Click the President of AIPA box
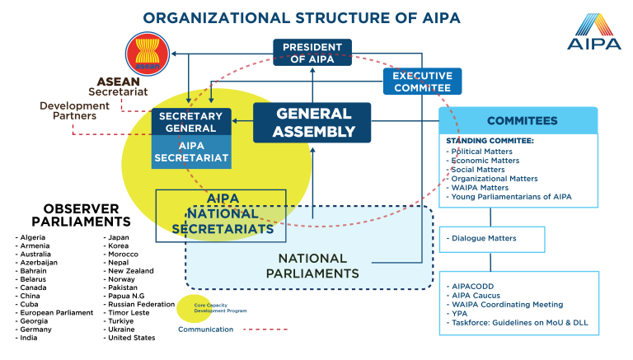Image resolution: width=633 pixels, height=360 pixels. [x=312, y=52]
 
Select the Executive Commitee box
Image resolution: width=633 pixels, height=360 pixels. [x=422, y=81]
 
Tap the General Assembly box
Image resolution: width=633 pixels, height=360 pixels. [x=312, y=122]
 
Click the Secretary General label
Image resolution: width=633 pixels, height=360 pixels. [x=191, y=122]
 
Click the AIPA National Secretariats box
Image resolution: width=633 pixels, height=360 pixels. [x=221, y=215]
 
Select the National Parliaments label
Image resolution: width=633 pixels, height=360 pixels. [x=312, y=265]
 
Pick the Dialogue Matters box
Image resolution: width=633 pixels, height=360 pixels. [x=492, y=239]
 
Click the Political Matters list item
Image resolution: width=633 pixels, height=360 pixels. [x=481, y=152]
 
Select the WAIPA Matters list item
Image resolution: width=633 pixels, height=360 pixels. [x=479, y=188]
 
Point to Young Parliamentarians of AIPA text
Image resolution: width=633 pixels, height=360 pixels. [x=511, y=197]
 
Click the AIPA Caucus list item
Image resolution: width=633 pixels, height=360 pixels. [x=476, y=295]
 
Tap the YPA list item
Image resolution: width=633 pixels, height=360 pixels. [x=459, y=313]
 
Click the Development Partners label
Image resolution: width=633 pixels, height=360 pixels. [x=74, y=110]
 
